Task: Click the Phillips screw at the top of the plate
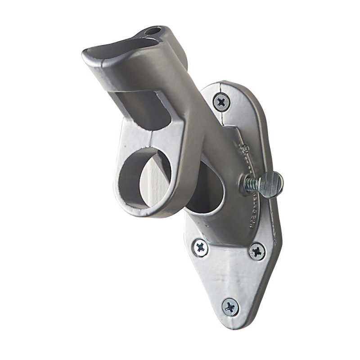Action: (221, 102)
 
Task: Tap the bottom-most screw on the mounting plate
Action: (230, 307)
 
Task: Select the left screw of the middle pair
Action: (200, 247)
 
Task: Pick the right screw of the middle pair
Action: (257, 250)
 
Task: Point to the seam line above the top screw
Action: (219, 86)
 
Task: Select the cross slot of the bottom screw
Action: (230, 307)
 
